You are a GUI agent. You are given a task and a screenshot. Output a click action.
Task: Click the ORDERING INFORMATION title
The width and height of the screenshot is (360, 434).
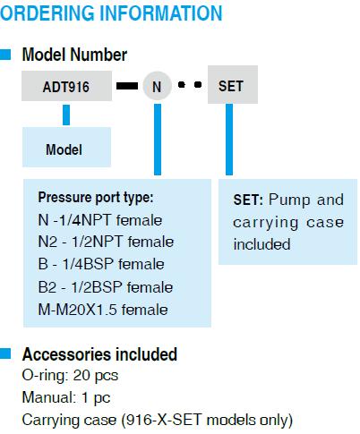point(111,13)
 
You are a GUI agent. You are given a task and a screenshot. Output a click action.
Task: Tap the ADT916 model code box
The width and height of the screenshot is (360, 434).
point(66,86)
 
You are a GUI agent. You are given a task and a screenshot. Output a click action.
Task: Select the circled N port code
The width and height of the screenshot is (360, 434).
point(158,86)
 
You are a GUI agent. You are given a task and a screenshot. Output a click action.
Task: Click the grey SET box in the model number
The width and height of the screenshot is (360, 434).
point(233,85)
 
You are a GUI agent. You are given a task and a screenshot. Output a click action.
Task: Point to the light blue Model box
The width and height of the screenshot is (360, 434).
point(66,147)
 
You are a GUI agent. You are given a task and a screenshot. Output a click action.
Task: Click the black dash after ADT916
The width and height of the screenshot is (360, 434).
point(127,86)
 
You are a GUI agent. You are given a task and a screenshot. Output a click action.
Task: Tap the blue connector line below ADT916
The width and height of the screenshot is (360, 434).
point(66,115)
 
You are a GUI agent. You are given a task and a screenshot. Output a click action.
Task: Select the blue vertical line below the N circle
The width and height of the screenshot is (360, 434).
point(158,140)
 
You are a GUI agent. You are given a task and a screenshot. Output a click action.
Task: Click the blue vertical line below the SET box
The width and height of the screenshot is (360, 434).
point(229,140)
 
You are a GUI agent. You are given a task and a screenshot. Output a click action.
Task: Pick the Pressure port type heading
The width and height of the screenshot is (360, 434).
point(96,198)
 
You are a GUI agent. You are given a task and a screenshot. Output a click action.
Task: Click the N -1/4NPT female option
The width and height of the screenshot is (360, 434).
point(100,220)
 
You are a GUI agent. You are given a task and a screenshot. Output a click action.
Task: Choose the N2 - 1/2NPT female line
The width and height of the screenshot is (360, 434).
point(106,242)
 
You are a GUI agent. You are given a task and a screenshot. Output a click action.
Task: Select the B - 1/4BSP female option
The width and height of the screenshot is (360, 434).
point(101,264)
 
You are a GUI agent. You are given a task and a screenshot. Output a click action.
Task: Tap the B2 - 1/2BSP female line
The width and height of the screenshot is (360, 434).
point(106,287)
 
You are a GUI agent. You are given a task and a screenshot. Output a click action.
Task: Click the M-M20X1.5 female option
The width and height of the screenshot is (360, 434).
point(103,310)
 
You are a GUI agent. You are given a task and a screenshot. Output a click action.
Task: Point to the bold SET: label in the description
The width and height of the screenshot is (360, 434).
point(248,200)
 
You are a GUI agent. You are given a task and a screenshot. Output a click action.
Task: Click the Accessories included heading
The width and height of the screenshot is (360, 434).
point(99,354)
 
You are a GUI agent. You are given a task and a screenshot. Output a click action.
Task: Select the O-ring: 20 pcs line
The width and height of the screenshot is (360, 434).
point(70,376)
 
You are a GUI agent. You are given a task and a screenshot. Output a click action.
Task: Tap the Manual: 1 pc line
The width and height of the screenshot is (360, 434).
point(66,397)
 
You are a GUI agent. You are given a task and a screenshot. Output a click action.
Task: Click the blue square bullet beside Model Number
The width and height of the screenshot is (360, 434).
point(5,55)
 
